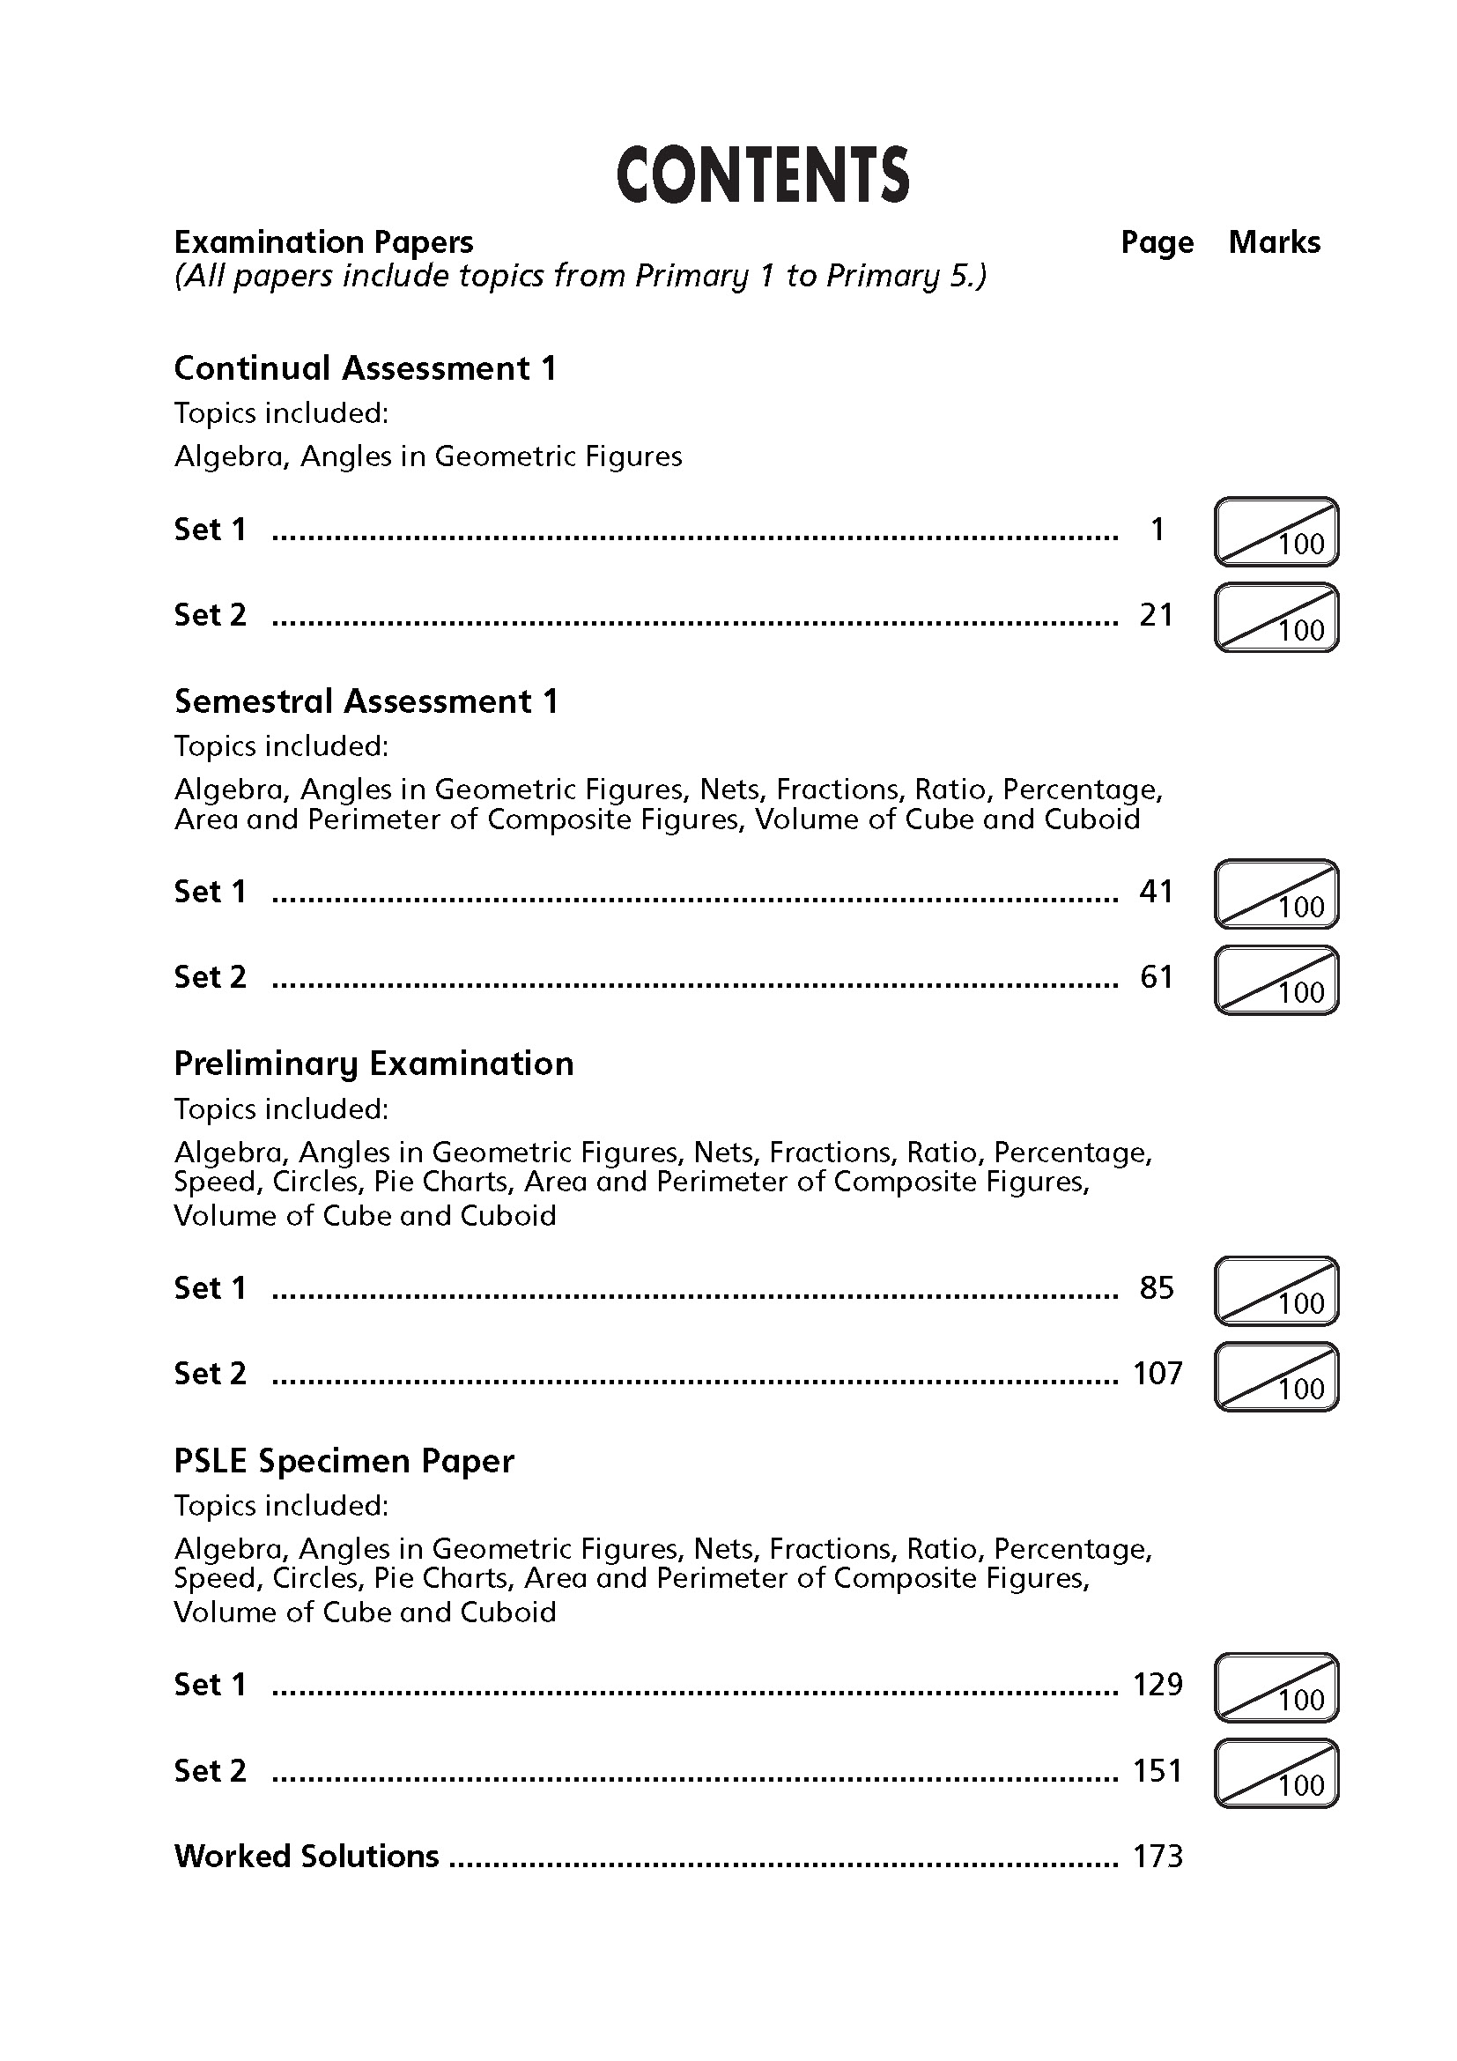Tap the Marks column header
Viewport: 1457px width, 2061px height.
tap(1274, 242)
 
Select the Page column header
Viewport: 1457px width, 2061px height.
tap(1157, 242)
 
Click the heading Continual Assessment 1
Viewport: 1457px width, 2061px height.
tap(366, 368)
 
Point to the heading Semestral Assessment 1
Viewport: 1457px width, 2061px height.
tap(366, 701)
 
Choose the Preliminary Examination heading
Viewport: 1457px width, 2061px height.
tap(373, 1064)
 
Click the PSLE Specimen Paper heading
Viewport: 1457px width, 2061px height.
tap(344, 1461)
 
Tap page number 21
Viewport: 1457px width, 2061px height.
tap(1157, 615)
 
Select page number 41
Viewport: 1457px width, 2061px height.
tap(1157, 892)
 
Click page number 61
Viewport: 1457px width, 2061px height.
tap(1157, 976)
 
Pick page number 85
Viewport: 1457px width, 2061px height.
tap(1157, 1288)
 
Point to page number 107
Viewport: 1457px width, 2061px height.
tap(1157, 1374)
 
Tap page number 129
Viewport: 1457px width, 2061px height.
tap(1157, 1685)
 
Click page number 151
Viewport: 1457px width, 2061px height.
tap(1157, 1771)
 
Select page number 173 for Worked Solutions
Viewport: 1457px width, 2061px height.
tap(1157, 1857)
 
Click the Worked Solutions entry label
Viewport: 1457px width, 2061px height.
tap(306, 1857)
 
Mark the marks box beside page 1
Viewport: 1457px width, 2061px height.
tap(1276, 532)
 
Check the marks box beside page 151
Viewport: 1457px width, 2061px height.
tap(1276, 1774)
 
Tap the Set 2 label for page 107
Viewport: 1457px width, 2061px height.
tap(210, 1374)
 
